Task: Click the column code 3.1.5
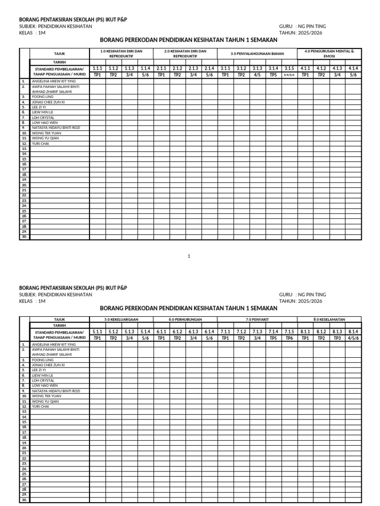(x=289, y=69)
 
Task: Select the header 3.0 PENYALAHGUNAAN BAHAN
(x=257, y=53)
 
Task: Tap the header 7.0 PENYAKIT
(x=257, y=320)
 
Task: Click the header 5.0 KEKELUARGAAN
(x=121, y=320)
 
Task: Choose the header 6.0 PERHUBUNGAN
(x=185, y=320)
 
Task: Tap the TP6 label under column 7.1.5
(x=289, y=338)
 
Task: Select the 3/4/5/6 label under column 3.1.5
(x=289, y=75)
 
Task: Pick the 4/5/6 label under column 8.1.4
(x=353, y=338)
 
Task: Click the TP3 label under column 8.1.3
(x=337, y=338)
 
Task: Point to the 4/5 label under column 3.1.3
(x=257, y=75)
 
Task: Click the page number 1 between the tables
(x=189, y=256)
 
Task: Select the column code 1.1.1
(x=97, y=69)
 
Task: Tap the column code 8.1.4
(x=353, y=332)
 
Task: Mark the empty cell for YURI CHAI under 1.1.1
(x=97, y=144)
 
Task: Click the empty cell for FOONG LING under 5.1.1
(x=97, y=360)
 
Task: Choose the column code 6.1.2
(x=177, y=332)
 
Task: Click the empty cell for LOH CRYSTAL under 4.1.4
(x=353, y=118)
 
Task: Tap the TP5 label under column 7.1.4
(x=273, y=338)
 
